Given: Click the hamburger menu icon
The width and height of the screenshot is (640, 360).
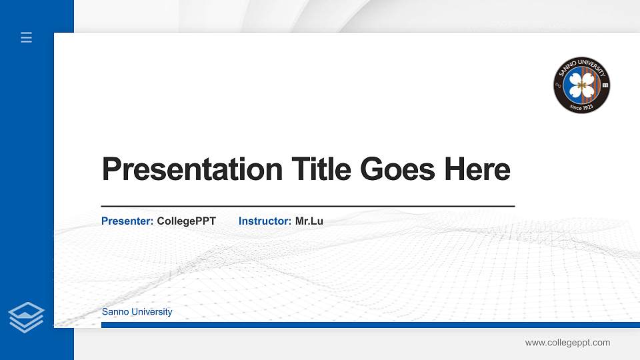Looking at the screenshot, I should pos(26,38).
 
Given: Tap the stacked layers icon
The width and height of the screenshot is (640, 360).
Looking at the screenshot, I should pos(26,317).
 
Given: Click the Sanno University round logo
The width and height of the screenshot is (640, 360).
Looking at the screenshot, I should pos(581,85).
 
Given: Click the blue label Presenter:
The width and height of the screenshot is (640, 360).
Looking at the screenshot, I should pos(127,221).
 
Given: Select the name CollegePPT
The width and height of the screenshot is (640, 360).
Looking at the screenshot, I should pos(187,221).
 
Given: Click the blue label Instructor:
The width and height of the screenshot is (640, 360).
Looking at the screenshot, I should pos(265,221).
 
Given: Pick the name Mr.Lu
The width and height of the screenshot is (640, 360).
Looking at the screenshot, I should pos(309,221).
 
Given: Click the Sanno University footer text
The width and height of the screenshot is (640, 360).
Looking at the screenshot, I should pos(137,312).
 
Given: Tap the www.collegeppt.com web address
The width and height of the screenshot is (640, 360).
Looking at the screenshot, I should pos(567,343).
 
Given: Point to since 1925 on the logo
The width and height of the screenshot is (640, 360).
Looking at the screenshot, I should pos(581,105).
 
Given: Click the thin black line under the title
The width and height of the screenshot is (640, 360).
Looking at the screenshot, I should pos(307,206).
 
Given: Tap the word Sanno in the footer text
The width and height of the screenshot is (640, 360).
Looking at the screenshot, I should pos(115,312).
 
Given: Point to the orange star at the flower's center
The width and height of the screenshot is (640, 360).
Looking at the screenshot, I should pos(581,85).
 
